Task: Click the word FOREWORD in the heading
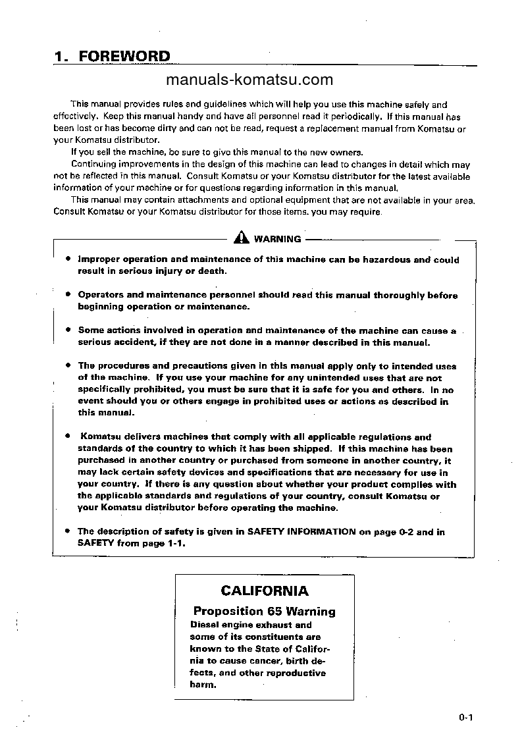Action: [x=124, y=57]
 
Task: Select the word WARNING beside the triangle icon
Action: [x=277, y=240]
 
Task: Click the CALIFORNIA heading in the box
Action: [x=265, y=591]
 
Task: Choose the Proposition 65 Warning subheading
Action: [x=265, y=612]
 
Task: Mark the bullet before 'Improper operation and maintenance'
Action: [x=68, y=259]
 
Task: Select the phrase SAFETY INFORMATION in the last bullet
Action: [x=301, y=532]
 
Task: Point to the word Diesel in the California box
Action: [x=204, y=625]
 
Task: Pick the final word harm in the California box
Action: [x=203, y=685]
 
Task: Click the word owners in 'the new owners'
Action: [x=343, y=152]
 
